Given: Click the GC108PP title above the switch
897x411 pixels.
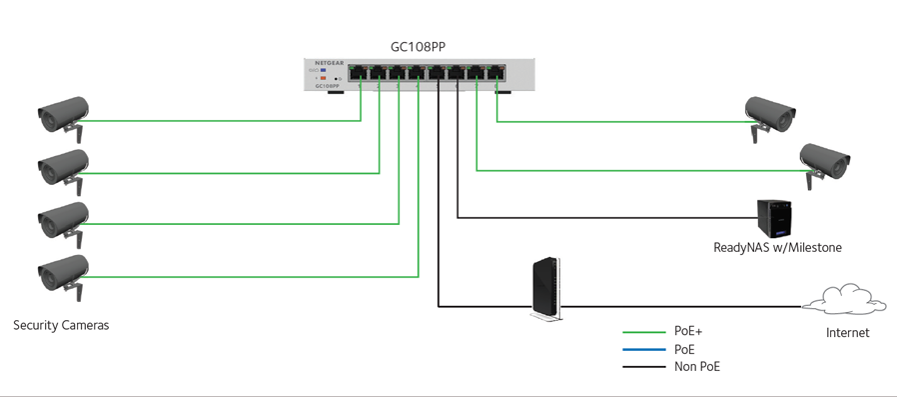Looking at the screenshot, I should [418, 46].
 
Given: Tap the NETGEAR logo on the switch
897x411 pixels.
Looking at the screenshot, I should [329, 62].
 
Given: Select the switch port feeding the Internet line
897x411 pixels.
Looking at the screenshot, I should [438, 73].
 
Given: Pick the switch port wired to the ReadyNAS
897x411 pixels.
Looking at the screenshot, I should [457, 73].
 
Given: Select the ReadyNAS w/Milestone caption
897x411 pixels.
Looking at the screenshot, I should [777, 247].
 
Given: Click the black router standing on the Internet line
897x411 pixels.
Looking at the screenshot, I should [543, 290].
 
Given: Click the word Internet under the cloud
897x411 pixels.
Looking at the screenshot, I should [847, 333].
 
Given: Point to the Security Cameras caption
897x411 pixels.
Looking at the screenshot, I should [61, 325].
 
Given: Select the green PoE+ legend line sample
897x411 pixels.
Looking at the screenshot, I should [645, 332].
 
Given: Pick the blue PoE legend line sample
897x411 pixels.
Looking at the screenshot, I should [645, 350].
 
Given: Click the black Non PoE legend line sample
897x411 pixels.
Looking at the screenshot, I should [645, 368].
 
